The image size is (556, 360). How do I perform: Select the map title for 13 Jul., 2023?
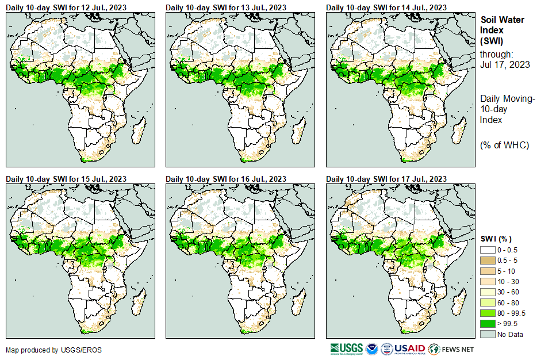coord(226,7)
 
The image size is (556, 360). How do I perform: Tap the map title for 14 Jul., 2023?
coord(386,7)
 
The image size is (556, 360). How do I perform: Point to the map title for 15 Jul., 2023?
coord(66,179)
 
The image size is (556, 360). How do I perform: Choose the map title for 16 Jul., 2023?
coord(226,179)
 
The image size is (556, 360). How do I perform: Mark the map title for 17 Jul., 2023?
coord(386,179)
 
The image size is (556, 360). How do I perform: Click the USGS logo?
coord(346,349)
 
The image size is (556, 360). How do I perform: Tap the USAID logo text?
coord(410,349)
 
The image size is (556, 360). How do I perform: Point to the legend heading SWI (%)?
coord(496,239)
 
